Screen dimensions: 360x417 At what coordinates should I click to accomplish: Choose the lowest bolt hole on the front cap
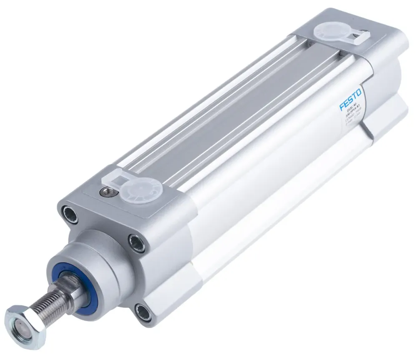[x=143, y=311]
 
